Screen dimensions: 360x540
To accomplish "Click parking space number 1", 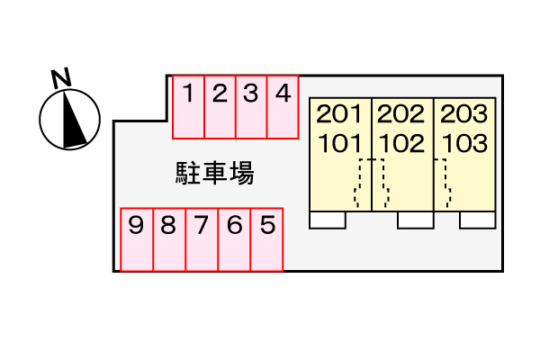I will pyautogui.click(x=189, y=107).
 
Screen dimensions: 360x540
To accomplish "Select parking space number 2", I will pyautogui.click(x=220, y=107).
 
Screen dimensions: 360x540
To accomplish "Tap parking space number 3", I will pyautogui.click(x=251, y=107).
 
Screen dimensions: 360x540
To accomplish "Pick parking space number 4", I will pyautogui.click(x=283, y=107).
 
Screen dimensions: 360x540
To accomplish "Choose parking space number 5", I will pyautogui.click(x=266, y=239).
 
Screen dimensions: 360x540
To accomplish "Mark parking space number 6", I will pyautogui.click(x=234, y=239).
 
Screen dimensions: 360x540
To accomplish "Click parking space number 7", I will pyautogui.click(x=202, y=239).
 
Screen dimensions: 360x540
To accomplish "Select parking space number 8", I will pyautogui.click(x=169, y=239).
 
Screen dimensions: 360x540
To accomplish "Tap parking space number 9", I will pyautogui.click(x=137, y=239).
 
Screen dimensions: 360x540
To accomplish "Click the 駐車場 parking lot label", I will pyautogui.click(x=214, y=173).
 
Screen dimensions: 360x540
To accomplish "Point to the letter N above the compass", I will pyautogui.click(x=61, y=78).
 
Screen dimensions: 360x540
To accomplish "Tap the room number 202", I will pyautogui.click(x=401, y=114).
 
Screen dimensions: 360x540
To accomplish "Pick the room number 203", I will pyautogui.click(x=464, y=114).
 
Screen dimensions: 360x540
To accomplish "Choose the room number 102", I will pyautogui.click(x=401, y=142).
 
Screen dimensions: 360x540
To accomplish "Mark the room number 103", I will pyautogui.click(x=464, y=142).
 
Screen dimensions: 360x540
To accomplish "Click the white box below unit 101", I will pyautogui.click(x=327, y=220).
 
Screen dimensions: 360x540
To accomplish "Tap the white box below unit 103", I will pyautogui.click(x=477, y=220).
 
